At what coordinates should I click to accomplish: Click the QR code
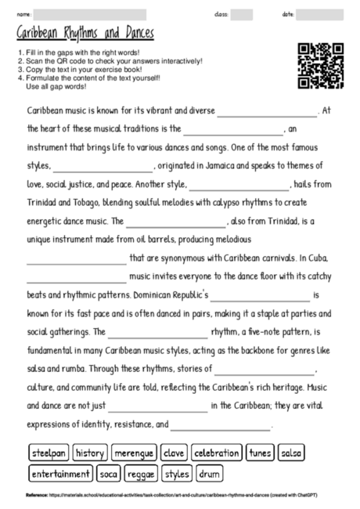click(x=321, y=66)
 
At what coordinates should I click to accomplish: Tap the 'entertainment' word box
click(x=61, y=474)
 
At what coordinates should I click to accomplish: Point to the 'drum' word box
click(x=209, y=474)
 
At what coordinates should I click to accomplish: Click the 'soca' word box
click(x=109, y=474)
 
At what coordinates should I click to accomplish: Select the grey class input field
click(x=241, y=14)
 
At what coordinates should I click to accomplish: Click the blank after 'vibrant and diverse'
click(x=268, y=112)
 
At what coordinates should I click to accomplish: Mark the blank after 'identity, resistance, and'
click(x=220, y=425)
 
